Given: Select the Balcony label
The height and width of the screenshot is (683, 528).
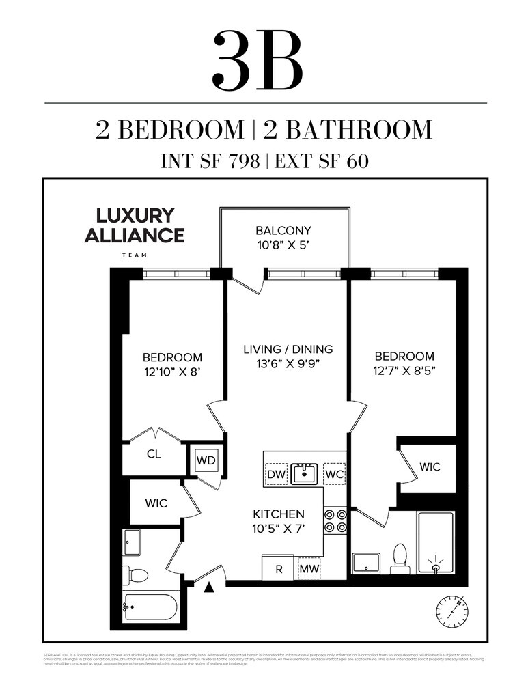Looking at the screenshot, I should pos(283,230).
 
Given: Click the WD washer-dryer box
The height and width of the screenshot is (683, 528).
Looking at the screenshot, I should pos(206,460).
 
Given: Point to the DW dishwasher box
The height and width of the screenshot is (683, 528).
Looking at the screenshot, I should pos(275,473).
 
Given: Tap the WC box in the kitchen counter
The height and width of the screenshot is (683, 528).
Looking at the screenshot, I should pos(333,473).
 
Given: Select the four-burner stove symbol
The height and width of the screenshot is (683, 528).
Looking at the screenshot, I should pos(335,520).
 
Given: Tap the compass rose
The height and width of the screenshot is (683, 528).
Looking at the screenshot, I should pos(451,611).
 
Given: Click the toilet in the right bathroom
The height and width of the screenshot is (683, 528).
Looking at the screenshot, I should pos(400,558).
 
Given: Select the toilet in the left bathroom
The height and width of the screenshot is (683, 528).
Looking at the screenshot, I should pos(137,574).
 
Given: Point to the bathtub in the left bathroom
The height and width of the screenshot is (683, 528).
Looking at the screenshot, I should pos(150,607).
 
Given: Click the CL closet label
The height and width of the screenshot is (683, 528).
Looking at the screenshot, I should pos(154,454).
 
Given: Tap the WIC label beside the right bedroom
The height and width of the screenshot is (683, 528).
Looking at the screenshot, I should pos(430,467).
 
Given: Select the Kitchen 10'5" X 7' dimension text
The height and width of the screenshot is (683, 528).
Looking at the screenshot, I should pos(279,520).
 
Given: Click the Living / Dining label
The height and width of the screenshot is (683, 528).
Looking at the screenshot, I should pos(288,349).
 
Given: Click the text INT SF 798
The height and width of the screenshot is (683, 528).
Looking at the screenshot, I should pos(210,161).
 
